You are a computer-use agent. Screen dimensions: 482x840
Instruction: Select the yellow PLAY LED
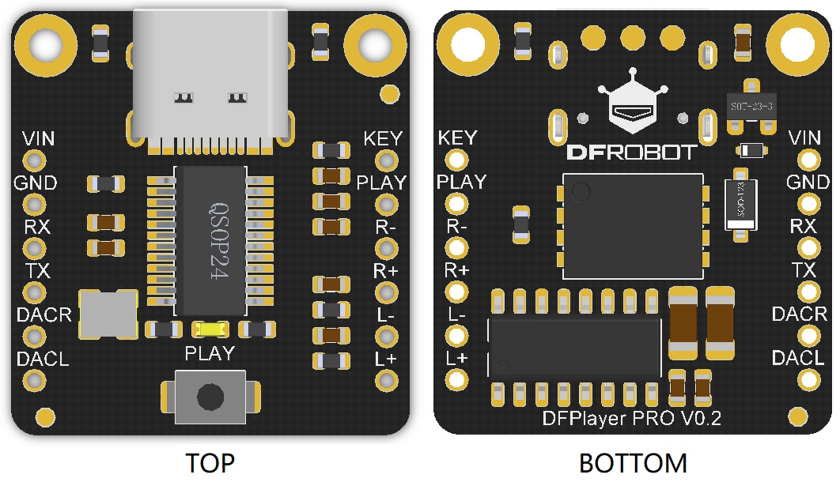[x=210, y=329]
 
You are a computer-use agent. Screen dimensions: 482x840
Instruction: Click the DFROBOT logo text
[x=633, y=152]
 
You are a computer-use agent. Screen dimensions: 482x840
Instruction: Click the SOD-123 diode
[x=740, y=204]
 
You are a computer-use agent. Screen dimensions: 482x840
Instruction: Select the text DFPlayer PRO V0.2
[x=632, y=418]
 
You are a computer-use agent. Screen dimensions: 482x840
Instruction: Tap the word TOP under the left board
[x=210, y=463]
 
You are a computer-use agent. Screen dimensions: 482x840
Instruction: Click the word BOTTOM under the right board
[x=633, y=463]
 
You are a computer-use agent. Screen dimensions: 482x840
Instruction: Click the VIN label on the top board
[x=38, y=139]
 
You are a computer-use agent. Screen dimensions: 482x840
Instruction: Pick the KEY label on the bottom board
[x=457, y=137]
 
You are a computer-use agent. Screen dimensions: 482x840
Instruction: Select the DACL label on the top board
[x=43, y=359]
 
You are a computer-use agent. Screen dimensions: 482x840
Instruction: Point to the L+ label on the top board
[x=386, y=359]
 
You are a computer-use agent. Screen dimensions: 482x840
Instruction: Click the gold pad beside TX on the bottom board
[x=807, y=292]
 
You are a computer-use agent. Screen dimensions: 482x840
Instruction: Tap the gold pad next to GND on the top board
[x=34, y=205]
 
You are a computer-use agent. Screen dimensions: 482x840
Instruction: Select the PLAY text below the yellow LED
[x=210, y=353]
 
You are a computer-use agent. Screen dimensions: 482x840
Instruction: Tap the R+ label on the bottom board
[x=457, y=270]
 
